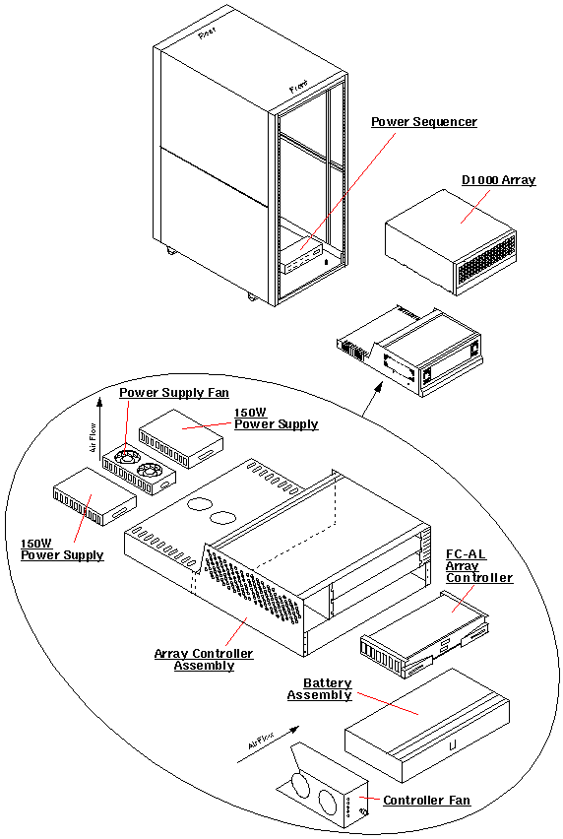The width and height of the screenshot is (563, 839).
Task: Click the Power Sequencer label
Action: pos(423,122)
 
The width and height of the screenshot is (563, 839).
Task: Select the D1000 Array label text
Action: pos(498,180)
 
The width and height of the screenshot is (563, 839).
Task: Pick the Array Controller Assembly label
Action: pos(204,660)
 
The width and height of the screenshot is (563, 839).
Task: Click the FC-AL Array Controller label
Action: pos(479,566)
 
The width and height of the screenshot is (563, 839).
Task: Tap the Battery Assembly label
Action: pos(320,689)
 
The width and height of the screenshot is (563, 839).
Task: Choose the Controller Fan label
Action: pos(426,801)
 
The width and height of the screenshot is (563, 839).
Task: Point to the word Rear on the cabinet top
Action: pos(207,34)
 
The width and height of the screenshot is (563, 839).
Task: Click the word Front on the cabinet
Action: pos(298,89)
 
